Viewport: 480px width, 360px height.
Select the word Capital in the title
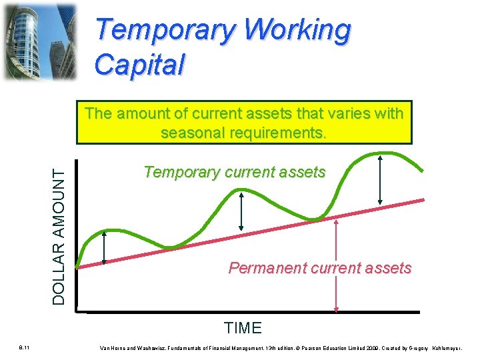(139, 65)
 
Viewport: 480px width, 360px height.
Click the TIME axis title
(243, 328)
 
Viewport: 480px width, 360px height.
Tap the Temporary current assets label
(235, 172)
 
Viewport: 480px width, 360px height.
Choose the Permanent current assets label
(320, 268)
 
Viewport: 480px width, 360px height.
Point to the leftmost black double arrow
(105, 249)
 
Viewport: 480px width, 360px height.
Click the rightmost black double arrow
(379, 179)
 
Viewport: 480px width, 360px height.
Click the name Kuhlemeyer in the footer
(453, 348)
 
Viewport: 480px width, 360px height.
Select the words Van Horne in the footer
(112, 348)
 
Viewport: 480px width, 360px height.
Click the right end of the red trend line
(423, 199)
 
